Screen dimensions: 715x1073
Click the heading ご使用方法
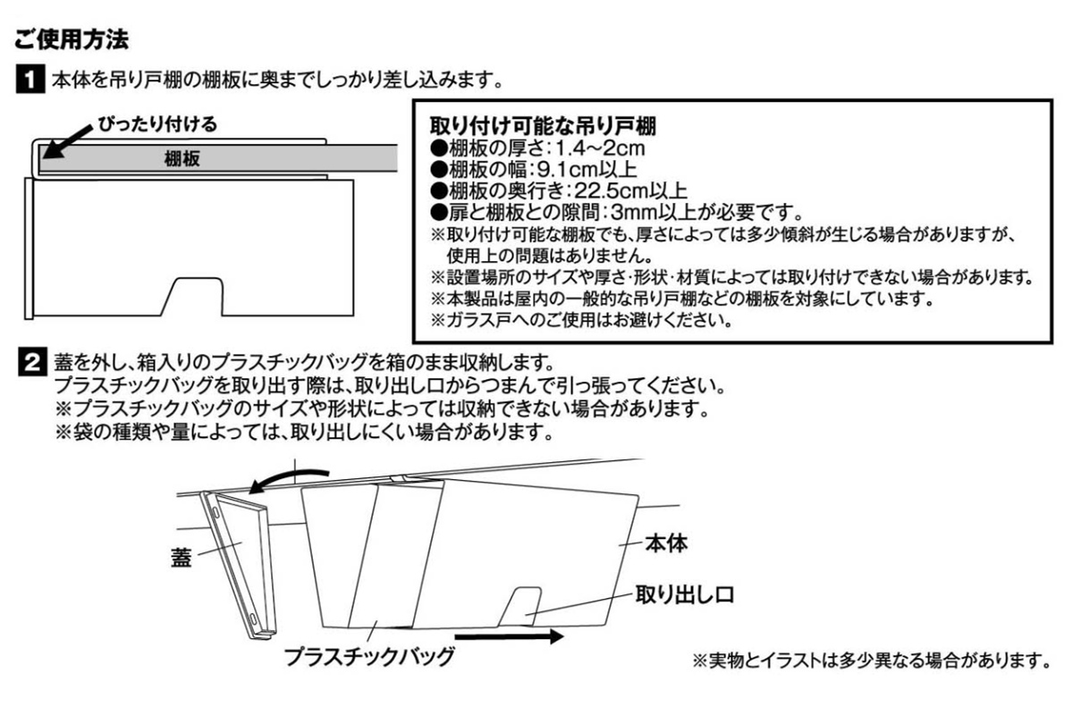click(x=72, y=39)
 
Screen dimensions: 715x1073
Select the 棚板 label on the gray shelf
click(x=182, y=158)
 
